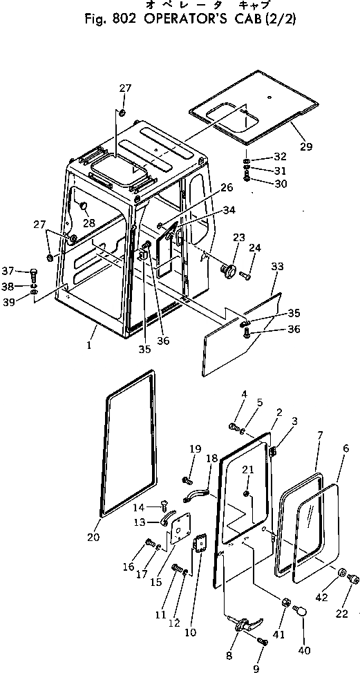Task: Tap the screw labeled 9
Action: click(x=263, y=642)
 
